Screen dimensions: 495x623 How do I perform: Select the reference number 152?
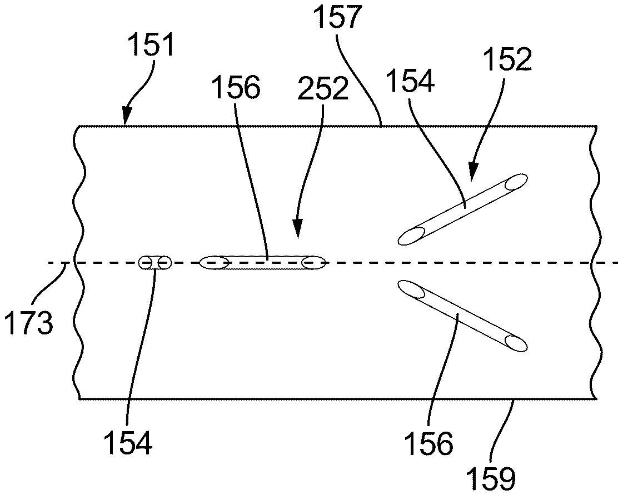point(507,59)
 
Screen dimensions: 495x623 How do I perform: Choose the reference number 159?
point(491,476)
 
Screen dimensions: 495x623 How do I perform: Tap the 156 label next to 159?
point(428,443)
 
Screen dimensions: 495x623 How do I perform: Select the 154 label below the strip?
point(127,443)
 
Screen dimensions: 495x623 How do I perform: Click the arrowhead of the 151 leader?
point(125,121)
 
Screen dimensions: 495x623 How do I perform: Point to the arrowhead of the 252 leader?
point(297,233)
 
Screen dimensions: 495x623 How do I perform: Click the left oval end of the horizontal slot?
point(214,263)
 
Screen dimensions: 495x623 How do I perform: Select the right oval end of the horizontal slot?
point(312,263)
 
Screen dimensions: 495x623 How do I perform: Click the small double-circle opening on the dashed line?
point(155,263)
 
